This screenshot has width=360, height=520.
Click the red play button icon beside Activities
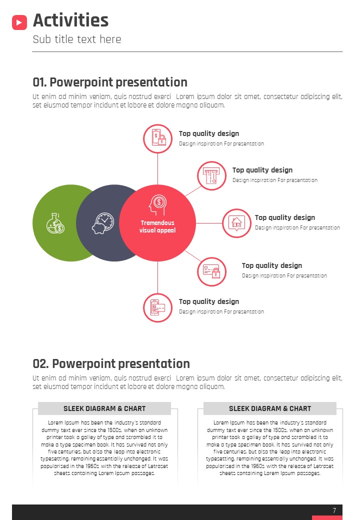click(19, 22)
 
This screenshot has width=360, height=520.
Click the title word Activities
click(70, 20)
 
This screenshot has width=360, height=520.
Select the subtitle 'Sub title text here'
click(77, 39)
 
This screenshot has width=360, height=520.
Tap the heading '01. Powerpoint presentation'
click(110, 82)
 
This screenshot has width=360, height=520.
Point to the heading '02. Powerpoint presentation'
click(111, 364)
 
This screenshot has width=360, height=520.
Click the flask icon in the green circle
click(55, 223)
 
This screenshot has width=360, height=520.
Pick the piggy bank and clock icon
click(103, 223)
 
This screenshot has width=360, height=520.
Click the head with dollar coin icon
click(158, 204)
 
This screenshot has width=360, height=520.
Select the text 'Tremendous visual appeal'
click(157, 226)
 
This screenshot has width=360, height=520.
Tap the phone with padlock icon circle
click(158, 138)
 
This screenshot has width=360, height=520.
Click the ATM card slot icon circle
click(212, 176)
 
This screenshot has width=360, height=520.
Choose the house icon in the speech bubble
click(236, 222)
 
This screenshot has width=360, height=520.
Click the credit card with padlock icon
click(212, 271)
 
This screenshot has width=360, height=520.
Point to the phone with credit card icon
click(158, 307)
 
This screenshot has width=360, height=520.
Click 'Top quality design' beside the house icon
click(285, 217)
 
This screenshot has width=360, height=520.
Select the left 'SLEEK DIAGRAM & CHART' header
click(104, 408)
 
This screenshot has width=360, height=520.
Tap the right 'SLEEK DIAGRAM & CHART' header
click(270, 408)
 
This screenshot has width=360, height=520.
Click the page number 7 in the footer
click(334, 510)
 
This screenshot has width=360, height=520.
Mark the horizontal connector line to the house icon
click(209, 223)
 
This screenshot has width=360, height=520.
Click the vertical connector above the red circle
click(158, 169)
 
